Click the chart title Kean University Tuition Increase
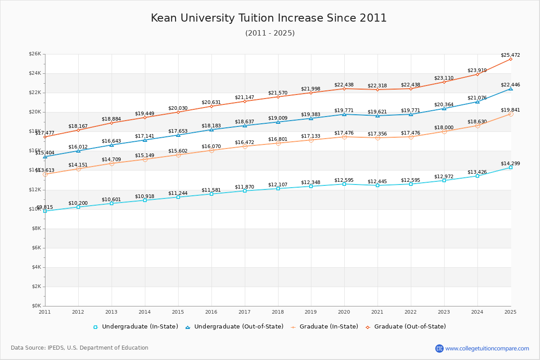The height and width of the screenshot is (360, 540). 269,18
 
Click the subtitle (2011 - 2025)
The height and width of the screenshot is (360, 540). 270,33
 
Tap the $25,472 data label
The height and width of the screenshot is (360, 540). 510,55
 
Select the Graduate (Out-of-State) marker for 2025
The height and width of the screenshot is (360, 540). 511,59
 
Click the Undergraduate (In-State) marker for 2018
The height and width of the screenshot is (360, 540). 278,189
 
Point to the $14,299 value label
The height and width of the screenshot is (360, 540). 510,164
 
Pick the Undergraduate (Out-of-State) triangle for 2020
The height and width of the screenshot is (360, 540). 344,114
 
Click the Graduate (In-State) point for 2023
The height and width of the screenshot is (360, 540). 444,131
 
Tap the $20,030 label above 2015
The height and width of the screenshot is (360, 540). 178,108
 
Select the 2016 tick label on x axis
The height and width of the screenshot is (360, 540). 211,312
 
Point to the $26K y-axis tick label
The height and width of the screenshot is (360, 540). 35,54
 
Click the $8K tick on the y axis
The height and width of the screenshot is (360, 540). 36,229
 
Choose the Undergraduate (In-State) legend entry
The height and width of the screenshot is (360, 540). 135,327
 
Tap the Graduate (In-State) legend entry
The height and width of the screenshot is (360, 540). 324,327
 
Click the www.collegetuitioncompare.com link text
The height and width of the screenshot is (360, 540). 487,348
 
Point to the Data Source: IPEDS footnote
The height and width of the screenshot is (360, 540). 80,348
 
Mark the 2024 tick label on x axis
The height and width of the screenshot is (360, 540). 477,312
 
